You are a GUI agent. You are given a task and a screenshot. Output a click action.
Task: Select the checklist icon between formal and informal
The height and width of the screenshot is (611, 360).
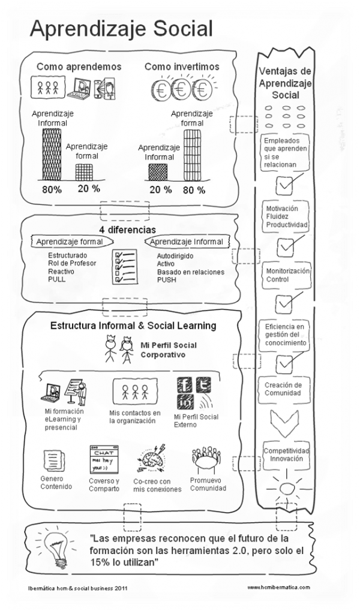(124, 266)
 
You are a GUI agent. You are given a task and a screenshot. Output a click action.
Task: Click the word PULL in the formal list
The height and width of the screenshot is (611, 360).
(58, 280)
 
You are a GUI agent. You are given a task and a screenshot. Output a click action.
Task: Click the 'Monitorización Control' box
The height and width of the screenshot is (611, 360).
(287, 275)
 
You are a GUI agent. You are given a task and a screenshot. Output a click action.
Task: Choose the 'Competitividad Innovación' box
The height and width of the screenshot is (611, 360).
(287, 454)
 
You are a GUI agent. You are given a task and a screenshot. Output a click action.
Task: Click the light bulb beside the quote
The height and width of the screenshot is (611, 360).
(53, 545)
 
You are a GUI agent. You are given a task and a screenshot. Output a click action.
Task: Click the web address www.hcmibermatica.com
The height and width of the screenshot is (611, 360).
(278, 588)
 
